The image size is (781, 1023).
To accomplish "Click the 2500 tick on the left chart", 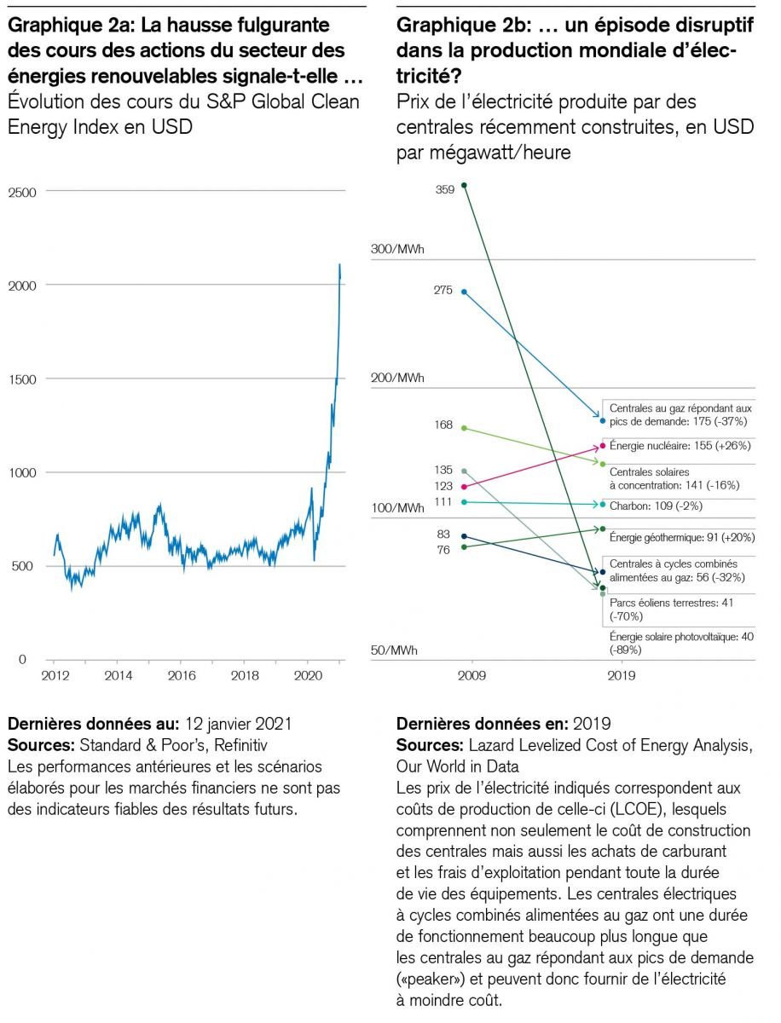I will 22,193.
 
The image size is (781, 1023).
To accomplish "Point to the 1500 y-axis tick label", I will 22,379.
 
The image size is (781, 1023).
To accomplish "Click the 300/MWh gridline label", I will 397,250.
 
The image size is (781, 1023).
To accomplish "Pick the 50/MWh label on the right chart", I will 394,650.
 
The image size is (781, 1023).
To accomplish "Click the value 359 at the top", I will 444,190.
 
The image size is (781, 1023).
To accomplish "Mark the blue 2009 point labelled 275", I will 464,292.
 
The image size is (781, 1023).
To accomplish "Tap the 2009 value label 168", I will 444,425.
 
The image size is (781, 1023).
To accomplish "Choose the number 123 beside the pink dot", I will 444,487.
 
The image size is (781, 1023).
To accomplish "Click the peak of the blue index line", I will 340,265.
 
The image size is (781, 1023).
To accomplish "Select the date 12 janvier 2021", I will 237,724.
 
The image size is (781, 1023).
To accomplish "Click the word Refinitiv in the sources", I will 234,743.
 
